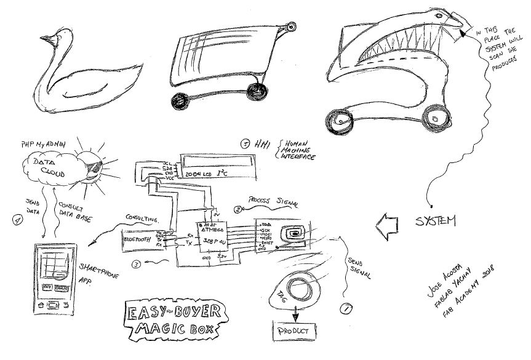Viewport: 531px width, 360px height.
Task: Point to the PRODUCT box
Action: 294,330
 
